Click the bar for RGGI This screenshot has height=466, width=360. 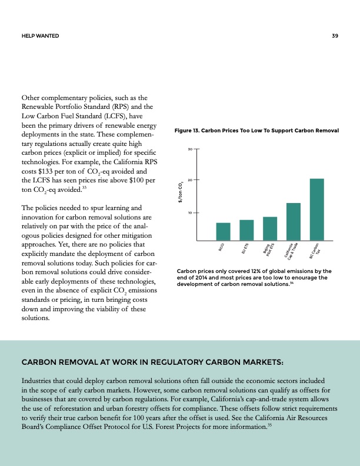pyautogui.click(x=223, y=232)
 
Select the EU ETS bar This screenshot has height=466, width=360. pyautogui.click(x=246, y=230)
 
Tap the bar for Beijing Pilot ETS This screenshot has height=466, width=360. pyautogui.click(x=270, y=229)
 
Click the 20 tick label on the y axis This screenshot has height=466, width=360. pyautogui.click(x=190, y=179)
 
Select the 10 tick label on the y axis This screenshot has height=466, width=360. pyautogui.click(x=190, y=212)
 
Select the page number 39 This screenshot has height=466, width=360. pyautogui.click(x=335, y=36)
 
